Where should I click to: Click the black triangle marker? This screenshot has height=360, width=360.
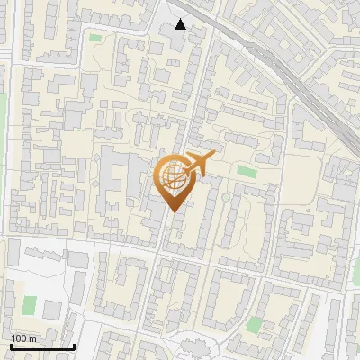coord(181,24)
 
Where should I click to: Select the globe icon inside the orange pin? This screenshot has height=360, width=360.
coord(173,177)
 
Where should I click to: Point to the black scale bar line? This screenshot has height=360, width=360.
coord(42,346)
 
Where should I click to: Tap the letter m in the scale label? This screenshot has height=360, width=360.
coord(32,338)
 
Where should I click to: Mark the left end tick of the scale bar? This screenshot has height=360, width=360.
coord(11,345)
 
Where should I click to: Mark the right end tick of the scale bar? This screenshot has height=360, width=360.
coord(74,345)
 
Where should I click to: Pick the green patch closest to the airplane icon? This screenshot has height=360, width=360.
coord(246,170)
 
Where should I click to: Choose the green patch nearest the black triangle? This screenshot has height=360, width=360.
coord(95,38)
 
